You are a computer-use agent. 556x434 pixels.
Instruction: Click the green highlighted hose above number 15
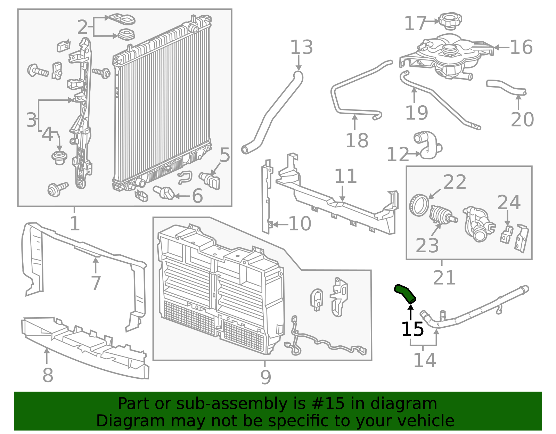[405, 293]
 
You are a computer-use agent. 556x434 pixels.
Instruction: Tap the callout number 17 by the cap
[415, 24]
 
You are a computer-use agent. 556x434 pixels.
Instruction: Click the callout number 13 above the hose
[301, 48]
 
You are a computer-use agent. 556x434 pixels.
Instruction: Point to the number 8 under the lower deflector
[48, 375]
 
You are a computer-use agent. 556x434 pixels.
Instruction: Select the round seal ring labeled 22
[419, 205]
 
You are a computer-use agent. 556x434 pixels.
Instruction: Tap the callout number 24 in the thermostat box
[508, 203]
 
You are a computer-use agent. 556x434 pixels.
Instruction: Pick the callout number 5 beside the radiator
[225, 155]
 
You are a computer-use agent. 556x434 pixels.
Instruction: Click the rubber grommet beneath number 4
[59, 157]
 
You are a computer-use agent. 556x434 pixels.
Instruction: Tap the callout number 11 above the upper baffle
[345, 177]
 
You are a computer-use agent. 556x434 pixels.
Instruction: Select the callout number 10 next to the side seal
[300, 224]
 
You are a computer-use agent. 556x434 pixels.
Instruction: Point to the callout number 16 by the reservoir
[521, 48]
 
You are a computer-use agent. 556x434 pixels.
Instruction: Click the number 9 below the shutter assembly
[265, 377]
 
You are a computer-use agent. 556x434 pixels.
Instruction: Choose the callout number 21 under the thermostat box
[444, 278]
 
